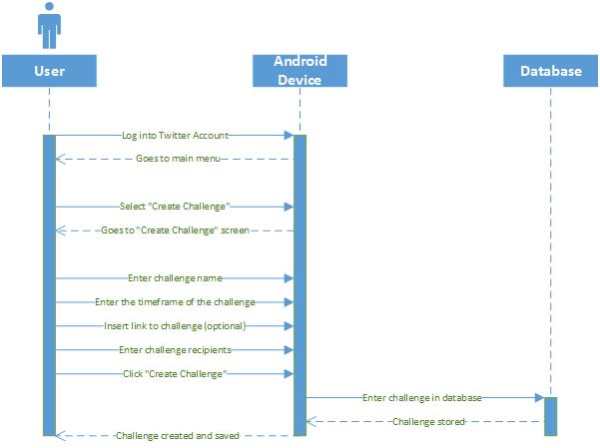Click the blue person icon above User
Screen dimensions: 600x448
click(49, 26)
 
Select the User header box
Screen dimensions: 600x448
click(49, 71)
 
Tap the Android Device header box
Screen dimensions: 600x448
click(300, 71)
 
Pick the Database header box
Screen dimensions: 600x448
click(551, 71)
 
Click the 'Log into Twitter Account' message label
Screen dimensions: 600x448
click(176, 136)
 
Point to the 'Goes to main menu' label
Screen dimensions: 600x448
click(178, 159)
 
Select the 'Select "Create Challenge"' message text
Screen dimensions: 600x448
click(175, 207)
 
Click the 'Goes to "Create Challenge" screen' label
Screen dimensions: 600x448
click(175, 230)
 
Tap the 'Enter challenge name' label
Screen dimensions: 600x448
click(175, 278)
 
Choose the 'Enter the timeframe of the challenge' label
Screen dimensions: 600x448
click(175, 302)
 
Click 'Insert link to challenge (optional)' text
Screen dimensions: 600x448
click(175, 326)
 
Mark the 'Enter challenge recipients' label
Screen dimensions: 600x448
click(175, 350)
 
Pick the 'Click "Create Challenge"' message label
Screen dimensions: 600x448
click(175, 374)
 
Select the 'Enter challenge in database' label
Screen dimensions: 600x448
click(421, 398)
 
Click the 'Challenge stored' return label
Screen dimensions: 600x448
click(428, 422)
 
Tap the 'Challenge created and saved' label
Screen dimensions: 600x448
click(178, 436)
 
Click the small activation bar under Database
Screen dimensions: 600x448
click(551, 417)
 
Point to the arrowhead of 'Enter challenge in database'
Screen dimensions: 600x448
click(539, 398)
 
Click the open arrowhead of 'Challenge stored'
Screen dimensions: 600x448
click(311, 422)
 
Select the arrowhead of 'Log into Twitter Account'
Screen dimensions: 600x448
click(289, 135)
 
